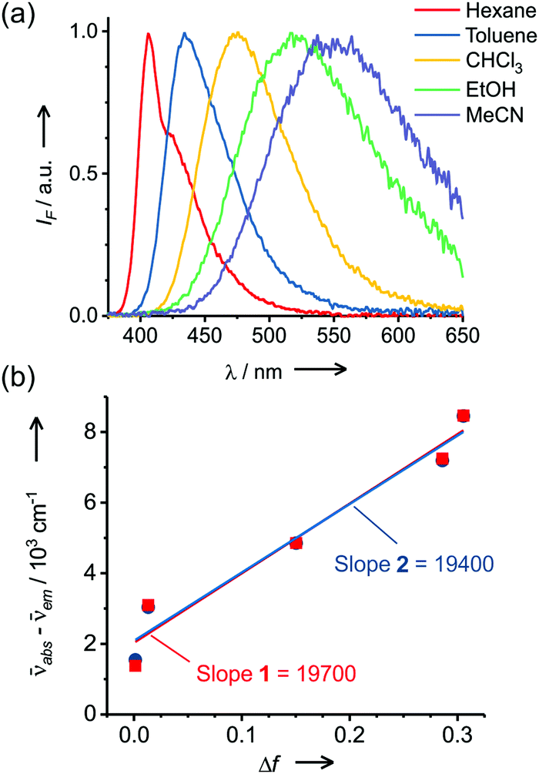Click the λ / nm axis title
[x=250, y=370]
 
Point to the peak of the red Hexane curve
[x=148, y=33]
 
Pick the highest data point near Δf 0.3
[x=463, y=416]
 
